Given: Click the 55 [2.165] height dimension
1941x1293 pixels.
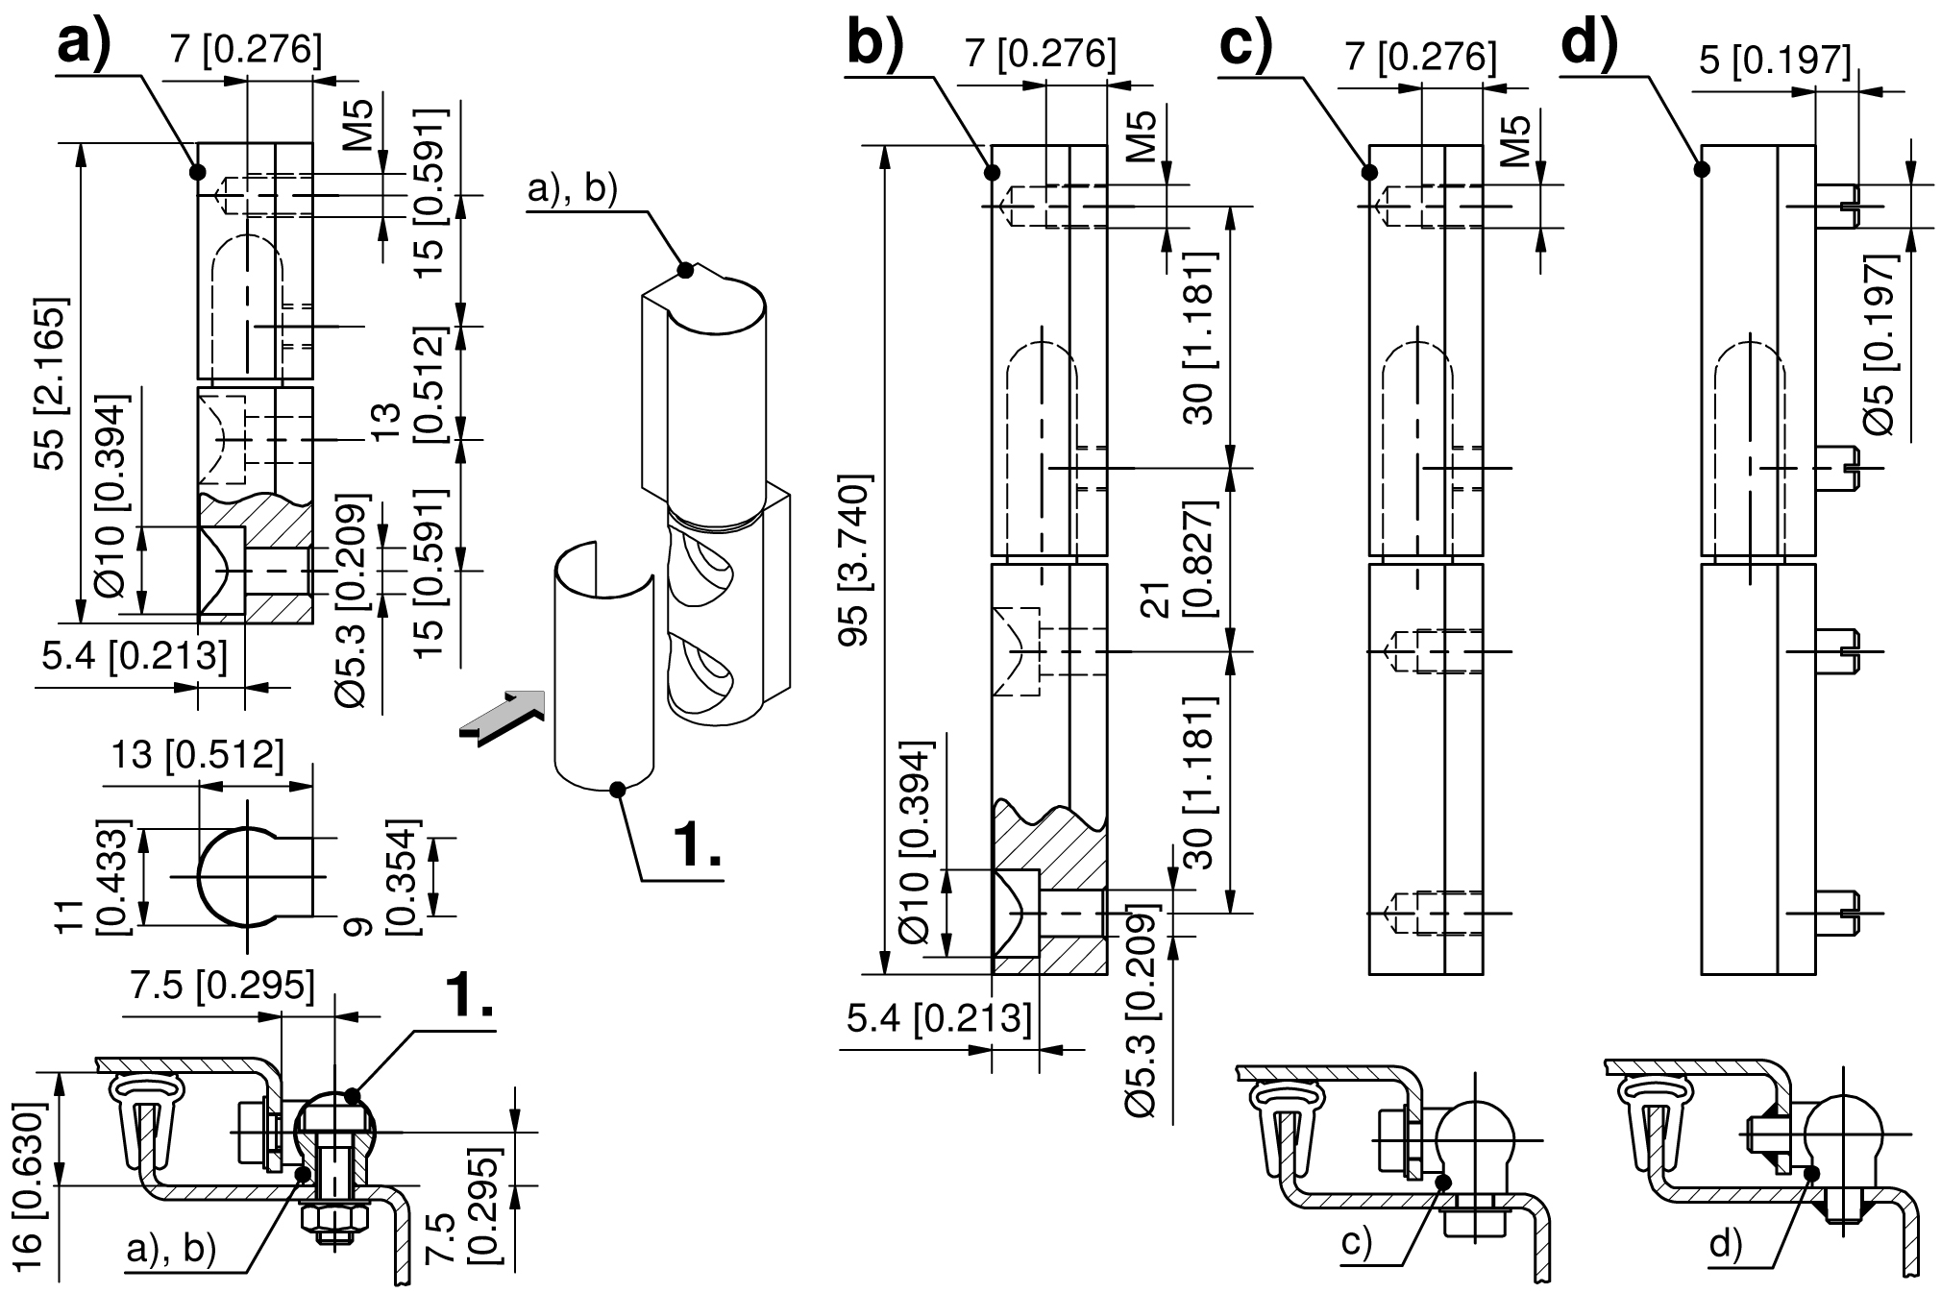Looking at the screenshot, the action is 50,383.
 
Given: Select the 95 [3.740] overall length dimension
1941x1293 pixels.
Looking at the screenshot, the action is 855,559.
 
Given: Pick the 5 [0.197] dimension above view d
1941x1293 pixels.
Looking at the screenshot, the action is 1775,61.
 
